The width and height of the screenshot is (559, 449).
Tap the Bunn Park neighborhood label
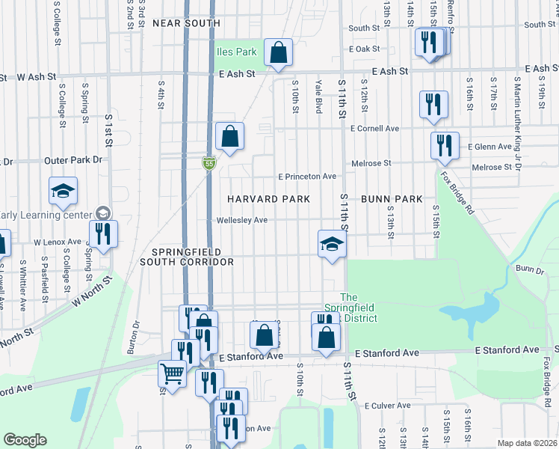tap(392, 199)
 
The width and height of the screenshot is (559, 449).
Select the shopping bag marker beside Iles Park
tap(277, 53)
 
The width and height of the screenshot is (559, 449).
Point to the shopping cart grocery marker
tap(173, 373)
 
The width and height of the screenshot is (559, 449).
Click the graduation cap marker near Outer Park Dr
tap(64, 192)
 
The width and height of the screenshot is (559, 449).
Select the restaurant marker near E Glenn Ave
tap(445, 146)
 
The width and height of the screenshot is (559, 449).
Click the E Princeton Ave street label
tap(307, 177)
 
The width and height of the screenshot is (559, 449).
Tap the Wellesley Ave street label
tap(241, 220)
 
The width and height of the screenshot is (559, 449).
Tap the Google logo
tap(25, 440)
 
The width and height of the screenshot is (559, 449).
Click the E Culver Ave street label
tap(387, 406)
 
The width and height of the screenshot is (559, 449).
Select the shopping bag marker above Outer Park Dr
tap(229, 137)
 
